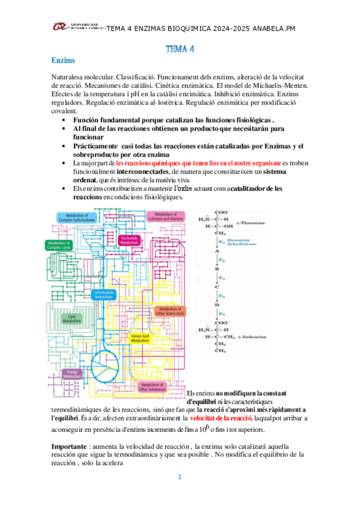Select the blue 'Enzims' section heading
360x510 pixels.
63,61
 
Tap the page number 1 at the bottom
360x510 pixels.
179,477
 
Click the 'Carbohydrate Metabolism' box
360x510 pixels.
104,294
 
